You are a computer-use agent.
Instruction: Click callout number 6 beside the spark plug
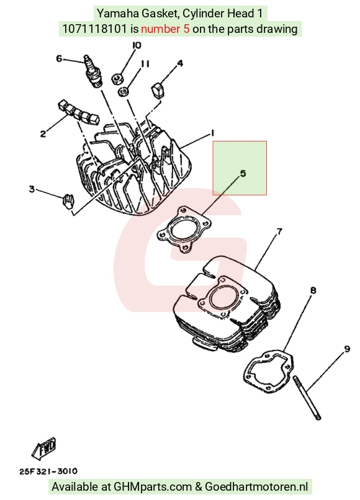pyautogui.click(x=59, y=59)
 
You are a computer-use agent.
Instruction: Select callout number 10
pyautogui.click(x=137, y=45)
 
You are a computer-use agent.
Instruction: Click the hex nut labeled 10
pyautogui.click(x=117, y=78)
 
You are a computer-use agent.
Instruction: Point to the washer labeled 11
pyautogui.click(x=124, y=92)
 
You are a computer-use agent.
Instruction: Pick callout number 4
pyautogui.click(x=181, y=63)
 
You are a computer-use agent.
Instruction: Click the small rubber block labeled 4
pyautogui.click(x=158, y=90)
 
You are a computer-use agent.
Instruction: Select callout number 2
pyautogui.click(x=43, y=133)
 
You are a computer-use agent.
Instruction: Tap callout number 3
pyautogui.click(x=32, y=189)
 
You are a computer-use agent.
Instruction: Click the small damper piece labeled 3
pyautogui.click(x=68, y=201)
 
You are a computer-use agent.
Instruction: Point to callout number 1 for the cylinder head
pyautogui.click(x=212, y=133)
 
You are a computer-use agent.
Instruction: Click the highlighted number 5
pyautogui.click(x=243, y=174)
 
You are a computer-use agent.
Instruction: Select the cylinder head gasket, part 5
pyautogui.click(x=181, y=230)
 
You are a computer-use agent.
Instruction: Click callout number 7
pyautogui.click(x=279, y=231)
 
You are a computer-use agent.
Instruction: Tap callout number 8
pyautogui.click(x=313, y=290)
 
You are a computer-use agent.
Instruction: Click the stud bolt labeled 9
pyautogui.click(x=307, y=398)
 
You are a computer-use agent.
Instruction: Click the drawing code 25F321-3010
pyautogui.click(x=48, y=471)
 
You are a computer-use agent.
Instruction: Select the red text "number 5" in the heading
pyautogui.click(x=165, y=29)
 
